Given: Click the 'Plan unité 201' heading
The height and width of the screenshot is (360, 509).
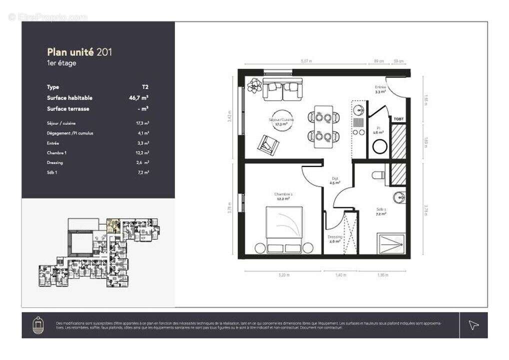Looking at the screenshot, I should pos(79,52).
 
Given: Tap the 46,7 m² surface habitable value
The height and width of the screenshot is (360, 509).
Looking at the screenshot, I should pos(139,98).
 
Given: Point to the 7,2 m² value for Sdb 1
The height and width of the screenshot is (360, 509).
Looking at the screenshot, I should pos(144,172).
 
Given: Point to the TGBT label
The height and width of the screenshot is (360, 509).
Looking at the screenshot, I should pos(398,118).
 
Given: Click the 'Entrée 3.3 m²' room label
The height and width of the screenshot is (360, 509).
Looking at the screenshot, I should pos(380,89).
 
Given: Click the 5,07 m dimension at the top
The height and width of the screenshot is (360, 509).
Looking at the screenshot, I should pos(306,61).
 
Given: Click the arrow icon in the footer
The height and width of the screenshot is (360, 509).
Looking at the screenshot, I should pos(473,325).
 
